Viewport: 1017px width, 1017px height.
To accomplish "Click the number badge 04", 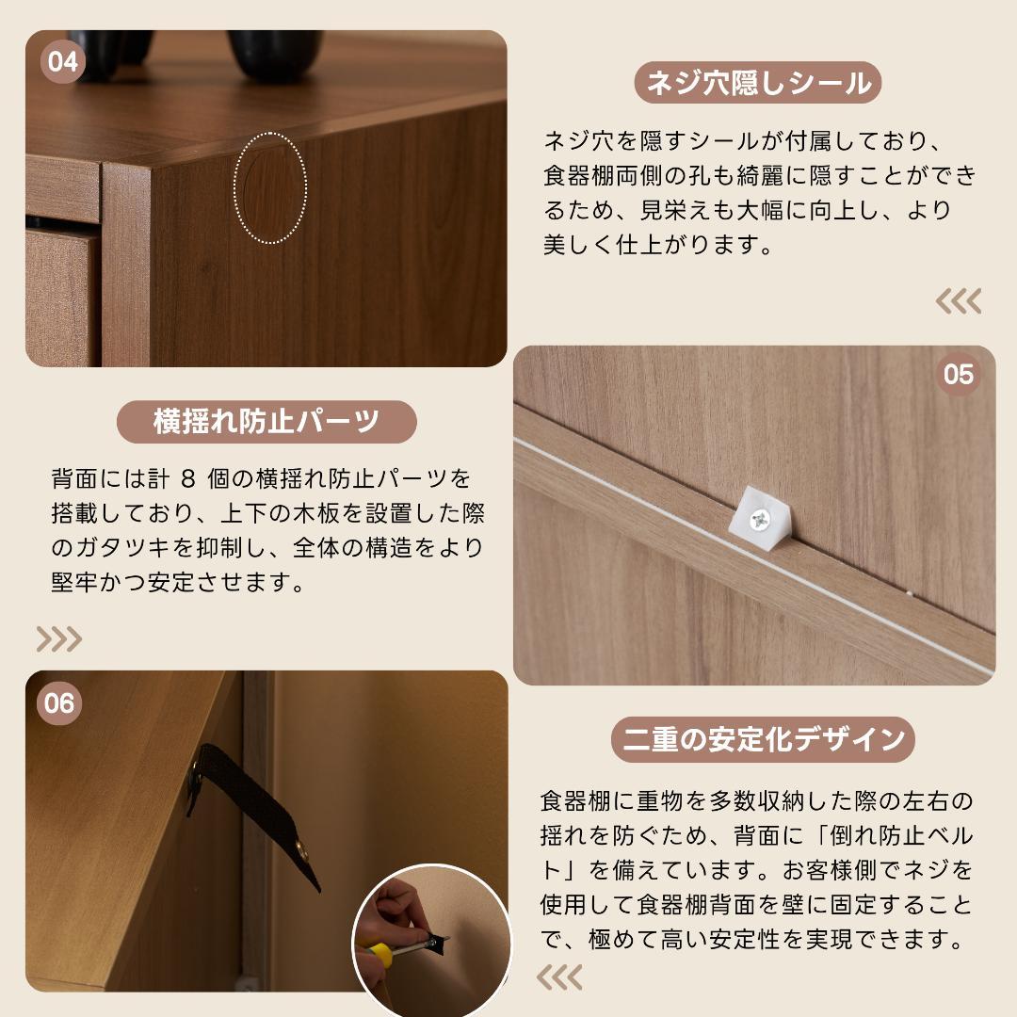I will click(62, 63).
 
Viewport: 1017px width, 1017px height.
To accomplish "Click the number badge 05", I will click(958, 375).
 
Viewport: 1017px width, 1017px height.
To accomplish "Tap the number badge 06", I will click(58, 703).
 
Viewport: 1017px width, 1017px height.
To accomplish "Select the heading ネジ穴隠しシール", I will click(758, 83).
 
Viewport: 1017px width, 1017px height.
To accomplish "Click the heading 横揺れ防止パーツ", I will click(266, 421).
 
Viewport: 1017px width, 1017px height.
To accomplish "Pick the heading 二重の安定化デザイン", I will click(763, 739).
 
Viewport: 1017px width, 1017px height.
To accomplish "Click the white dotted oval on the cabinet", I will click(270, 188).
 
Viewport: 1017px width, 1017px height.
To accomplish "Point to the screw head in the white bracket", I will click(760, 518).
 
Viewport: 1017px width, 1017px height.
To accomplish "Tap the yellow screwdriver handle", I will click(378, 954).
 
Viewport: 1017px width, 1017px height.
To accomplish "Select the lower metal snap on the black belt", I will click(301, 850).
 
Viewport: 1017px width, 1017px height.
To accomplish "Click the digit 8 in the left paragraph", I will click(186, 479).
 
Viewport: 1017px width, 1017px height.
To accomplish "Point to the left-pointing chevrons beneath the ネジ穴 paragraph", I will click(958, 301).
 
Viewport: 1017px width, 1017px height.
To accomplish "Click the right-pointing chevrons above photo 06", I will click(58, 639).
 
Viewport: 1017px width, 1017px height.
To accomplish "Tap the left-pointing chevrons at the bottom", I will click(559, 977).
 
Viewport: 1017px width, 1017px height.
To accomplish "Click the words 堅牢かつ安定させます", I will click(178, 581).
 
